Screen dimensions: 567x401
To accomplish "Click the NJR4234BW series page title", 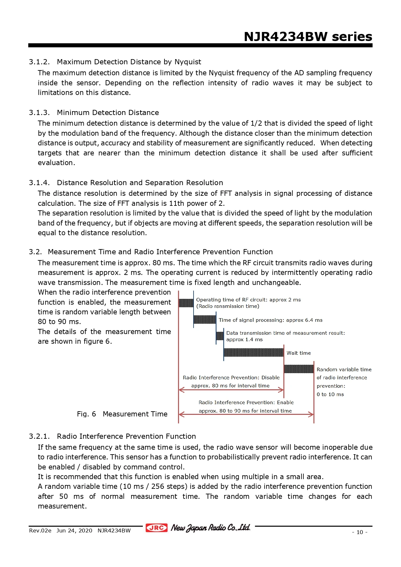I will (x=308, y=37).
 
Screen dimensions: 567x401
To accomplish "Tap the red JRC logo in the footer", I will (x=156, y=528).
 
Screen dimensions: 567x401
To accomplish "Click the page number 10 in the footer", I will (x=360, y=532).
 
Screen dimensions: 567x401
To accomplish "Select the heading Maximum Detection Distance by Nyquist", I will (x=129, y=62).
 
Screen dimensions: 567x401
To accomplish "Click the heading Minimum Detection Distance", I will (x=108, y=112).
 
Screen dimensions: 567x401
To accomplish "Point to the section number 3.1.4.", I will (x=39, y=183).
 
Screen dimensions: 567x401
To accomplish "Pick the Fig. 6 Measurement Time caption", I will (x=122, y=414).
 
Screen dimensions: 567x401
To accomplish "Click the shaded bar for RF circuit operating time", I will (x=186, y=303).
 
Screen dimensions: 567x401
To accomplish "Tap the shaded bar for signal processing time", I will (x=205, y=320).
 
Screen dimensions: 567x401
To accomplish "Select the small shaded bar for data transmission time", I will (x=220, y=336).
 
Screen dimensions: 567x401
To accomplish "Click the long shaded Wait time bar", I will (x=254, y=352).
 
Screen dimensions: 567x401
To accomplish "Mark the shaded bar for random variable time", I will (x=299, y=369).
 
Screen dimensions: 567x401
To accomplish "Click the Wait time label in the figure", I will (x=299, y=353).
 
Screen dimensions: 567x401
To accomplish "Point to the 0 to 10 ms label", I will (x=330, y=394).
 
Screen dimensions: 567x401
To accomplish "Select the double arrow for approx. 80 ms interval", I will (x=231, y=390).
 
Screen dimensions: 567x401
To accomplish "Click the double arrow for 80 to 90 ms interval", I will (x=246, y=415).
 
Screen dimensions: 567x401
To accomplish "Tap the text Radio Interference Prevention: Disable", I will (x=231, y=377).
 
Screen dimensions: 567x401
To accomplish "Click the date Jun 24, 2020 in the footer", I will (x=74, y=530).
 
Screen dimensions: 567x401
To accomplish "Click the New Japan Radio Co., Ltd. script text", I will (x=210, y=528).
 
